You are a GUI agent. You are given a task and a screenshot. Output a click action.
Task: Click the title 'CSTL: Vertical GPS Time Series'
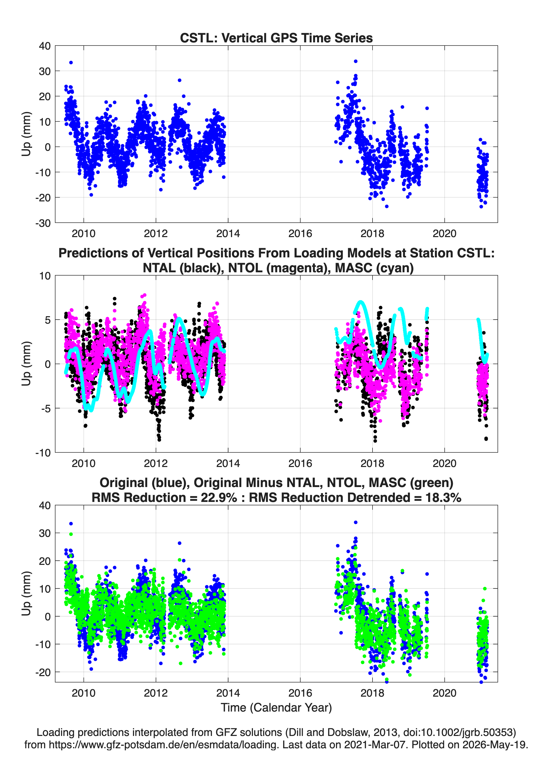(x=276, y=38)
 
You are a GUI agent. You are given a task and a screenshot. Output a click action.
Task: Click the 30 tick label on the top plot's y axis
(x=45, y=71)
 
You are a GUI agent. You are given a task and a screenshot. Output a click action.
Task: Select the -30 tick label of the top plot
(x=43, y=223)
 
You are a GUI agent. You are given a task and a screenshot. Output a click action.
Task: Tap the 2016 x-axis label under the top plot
(x=300, y=233)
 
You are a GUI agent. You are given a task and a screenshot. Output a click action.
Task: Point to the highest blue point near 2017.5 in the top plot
(x=356, y=61)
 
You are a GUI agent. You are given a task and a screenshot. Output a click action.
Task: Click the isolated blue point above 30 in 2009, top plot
(x=71, y=62)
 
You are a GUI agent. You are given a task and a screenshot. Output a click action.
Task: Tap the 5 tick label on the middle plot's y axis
(x=47, y=320)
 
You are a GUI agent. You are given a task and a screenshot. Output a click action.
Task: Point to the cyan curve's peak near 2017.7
(x=360, y=301)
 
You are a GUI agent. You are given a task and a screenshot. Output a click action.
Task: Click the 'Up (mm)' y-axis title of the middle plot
(x=26, y=363)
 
